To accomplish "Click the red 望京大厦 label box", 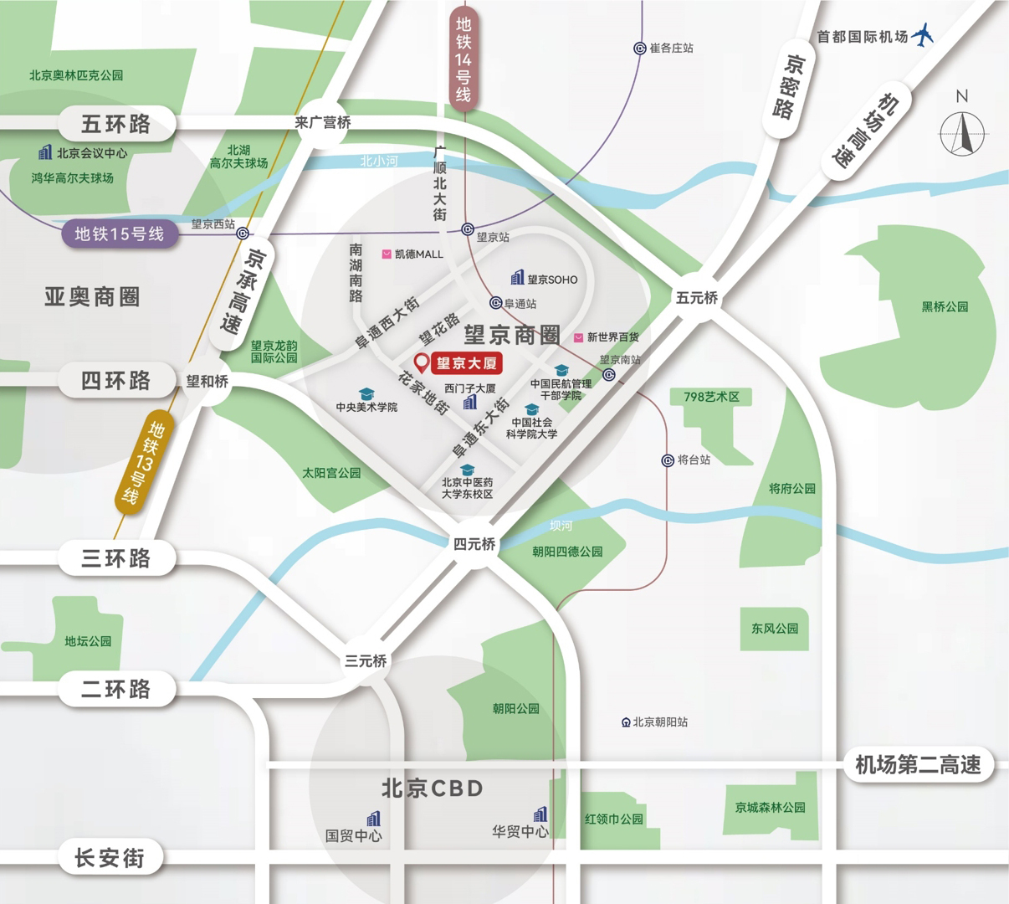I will tap(467, 362).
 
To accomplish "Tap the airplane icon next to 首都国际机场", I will tap(923, 35).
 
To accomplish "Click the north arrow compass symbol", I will tap(962, 132).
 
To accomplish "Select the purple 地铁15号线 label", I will tap(119, 234).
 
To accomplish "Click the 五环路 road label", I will tap(116, 125).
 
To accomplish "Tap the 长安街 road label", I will tap(110, 858).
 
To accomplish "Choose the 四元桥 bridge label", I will tap(474, 544).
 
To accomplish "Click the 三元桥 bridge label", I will tap(366, 661).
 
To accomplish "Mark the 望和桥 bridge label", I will tap(207, 382).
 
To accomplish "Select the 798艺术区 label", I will tap(711, 397).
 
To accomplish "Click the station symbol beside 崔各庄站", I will tap(640, 49).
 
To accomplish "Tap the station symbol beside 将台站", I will tap(668, 460).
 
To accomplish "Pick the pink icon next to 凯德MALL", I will tap(387, 254).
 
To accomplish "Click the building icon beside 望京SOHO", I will tap(517, 278).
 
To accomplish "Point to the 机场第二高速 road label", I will tap(918, 765).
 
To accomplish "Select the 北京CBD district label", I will tap(432, 788).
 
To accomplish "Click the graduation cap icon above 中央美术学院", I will tap(366, 393).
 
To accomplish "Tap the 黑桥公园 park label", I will tap(945, 307).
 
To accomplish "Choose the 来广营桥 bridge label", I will tap(323, 123).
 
